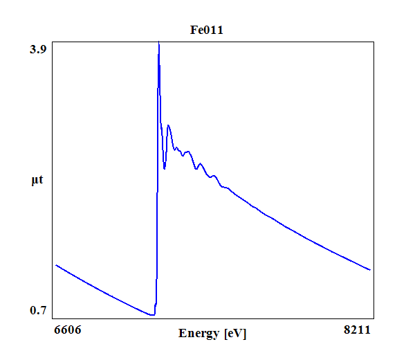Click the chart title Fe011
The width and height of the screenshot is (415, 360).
click(x=207, y=30)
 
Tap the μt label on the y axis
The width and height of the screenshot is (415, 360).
click(x=37, y=181)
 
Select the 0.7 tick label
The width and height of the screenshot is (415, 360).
click(x=38, y=309)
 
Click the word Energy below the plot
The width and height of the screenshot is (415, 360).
click(x=199, y=333)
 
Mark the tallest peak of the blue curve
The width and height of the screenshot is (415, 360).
click(x=159, y=43)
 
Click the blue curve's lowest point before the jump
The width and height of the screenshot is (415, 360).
click(x=151, y=315)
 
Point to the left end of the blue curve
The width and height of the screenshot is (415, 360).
click(x=56, y=265)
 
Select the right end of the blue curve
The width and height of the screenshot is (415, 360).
click(x=371, y=270)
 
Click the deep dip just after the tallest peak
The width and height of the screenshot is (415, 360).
click(x=165, y=168)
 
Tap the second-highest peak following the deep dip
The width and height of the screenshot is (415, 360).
click(x=168, y=125)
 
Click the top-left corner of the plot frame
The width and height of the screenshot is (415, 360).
click(x=52, y=41)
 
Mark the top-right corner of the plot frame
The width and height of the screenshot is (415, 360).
click(x=374, y=41)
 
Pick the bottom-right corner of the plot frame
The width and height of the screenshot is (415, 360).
click(x=374, y=318)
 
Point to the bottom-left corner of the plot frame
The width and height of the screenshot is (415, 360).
click(x=52, y=318)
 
